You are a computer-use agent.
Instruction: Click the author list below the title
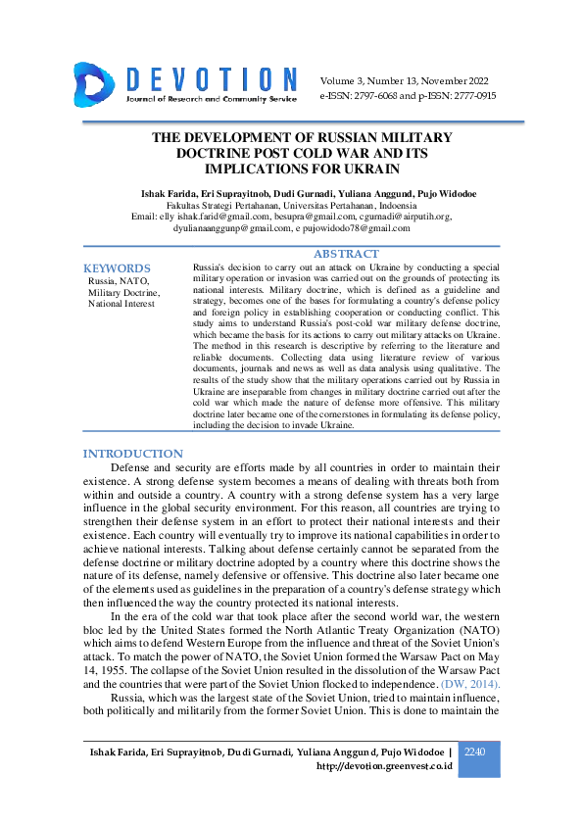click(x=291, y=194)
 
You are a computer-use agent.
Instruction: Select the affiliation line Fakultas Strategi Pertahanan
click(x=291, y=206)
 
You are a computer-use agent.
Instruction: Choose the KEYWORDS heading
click(x=117, y=267)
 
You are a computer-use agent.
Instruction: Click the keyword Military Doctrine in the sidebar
click(x=123, y=292)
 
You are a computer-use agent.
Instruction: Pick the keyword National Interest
click(x=121, y=304)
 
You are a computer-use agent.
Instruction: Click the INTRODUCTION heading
click(x=132, y=454)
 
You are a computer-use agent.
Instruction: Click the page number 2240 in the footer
click(x=474, y=752)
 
